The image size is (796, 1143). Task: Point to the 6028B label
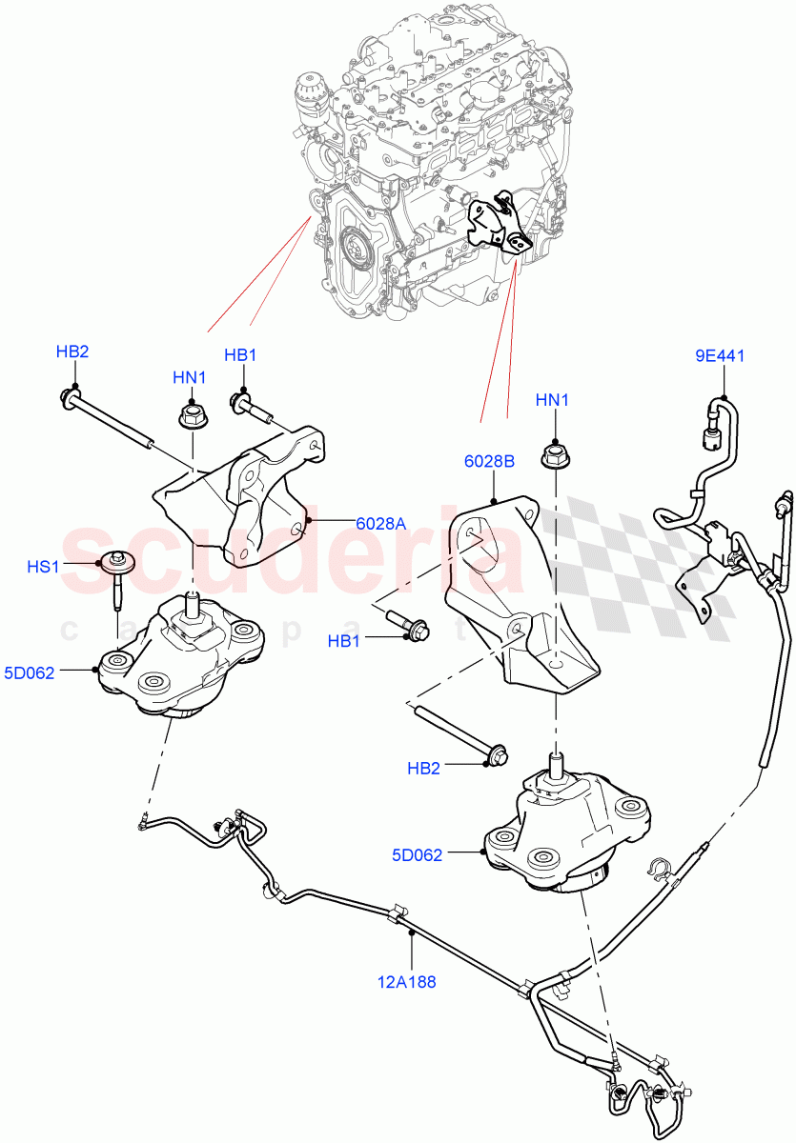coord(490,461)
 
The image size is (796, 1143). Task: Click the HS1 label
coord(44,566)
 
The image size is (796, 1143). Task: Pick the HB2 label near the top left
coord(71,351)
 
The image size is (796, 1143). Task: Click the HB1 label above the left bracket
coord(240,354)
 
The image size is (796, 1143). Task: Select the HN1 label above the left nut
coord(190,377)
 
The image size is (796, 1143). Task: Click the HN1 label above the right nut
coord(552,401)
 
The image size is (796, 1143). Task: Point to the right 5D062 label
coord(418,854)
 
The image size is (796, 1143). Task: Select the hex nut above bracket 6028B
coord(552,455)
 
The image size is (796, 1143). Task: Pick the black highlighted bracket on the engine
coord(500,224)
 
